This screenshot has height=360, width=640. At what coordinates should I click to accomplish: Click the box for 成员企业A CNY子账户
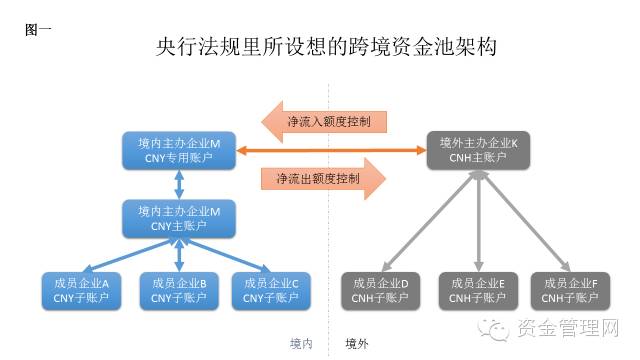[80, 290]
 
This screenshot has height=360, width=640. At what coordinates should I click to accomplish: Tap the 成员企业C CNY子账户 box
[270, 290]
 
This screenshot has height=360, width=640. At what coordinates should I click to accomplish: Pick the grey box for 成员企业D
[381, 290]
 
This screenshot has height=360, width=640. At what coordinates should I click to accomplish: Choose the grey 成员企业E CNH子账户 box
[477, 290]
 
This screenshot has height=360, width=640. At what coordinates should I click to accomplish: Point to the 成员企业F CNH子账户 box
[569, 290]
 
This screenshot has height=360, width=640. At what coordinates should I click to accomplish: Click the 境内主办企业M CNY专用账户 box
[179, 150]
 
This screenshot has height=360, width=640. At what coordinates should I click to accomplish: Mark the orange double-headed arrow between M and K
[331, 150]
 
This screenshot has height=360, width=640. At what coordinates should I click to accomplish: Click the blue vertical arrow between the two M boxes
[179, 184]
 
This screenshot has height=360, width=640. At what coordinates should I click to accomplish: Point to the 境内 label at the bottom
[301, 343]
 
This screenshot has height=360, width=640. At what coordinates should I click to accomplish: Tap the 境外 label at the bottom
[357, 343]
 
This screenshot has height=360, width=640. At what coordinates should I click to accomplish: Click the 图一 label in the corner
[39, 29]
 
